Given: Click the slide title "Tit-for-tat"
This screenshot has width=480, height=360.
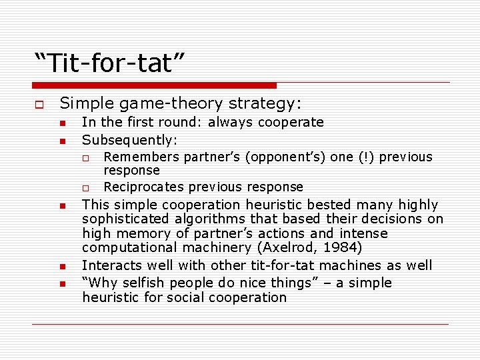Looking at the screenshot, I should pos(110,64).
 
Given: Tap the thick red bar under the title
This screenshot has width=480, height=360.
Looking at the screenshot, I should pos(154,85).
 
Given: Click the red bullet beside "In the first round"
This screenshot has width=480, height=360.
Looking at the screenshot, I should pos(61,123).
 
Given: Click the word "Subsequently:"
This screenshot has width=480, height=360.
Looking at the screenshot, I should pos(129,140).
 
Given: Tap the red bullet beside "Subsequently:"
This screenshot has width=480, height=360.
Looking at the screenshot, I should pos(61,141).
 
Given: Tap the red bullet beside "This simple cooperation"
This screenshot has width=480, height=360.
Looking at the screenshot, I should pos(61,206).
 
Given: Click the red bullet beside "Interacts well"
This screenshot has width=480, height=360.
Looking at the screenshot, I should pos(61,267).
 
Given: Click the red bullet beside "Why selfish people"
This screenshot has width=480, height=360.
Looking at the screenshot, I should pos(61,284).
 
